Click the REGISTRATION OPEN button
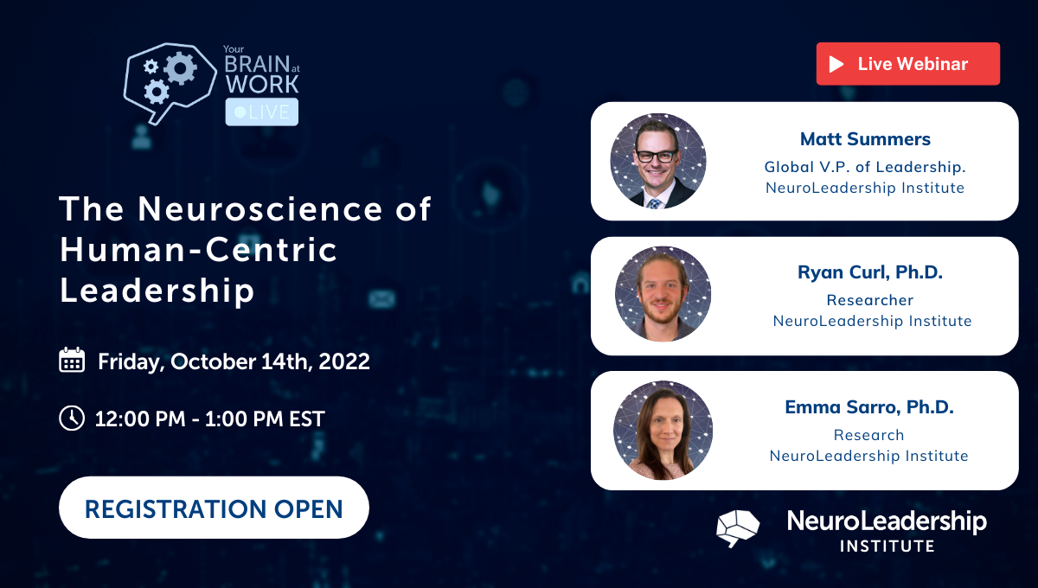(x=214, y=508)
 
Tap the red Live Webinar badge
(x=907, y=64)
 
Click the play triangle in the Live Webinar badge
(x=836, y=64)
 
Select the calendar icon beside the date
(x=72, y=361)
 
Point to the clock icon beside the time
(x=72, y=419)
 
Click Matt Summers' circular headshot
(x=658, y=161)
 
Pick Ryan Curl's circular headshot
(x=663, y=294)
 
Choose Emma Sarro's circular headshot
(x=663, y=430)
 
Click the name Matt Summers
(x=864, y=139)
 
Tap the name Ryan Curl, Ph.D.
(x=870, y=272)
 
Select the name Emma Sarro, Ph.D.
(x=869, y=407)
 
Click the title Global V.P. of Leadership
(x=865, y=167)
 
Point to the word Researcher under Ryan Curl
(x=870, y=300)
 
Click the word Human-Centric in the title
(x=198, y=250)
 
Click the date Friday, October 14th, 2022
(x=234, y=361)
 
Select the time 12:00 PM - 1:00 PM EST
(x=209, y=419)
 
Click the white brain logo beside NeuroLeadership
(x=738, y=527)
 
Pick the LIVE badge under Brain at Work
(x=262, y=112)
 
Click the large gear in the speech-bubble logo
(x=180, y=67)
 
